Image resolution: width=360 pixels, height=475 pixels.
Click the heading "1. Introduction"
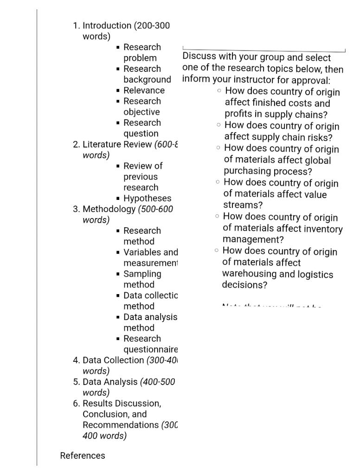(x=107, y=26)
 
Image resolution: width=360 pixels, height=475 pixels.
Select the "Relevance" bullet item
(x=144, y=90)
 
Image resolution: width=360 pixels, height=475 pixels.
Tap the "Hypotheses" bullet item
(x=147, y=199)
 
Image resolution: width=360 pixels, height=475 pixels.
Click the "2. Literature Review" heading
(x=118, y=144)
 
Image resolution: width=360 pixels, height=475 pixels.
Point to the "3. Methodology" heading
(x=109, y=209)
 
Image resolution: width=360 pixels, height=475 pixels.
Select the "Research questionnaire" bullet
(x=150, y=344)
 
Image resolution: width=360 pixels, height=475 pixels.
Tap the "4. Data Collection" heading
(x=114, y=360)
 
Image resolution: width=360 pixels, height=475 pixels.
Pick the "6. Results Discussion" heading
(x=122, y=404)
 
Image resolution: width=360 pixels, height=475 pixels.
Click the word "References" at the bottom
(x=83, y=456)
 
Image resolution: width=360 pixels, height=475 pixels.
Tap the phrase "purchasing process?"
(x=268, y=171)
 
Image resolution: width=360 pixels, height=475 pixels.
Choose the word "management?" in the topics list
(x=253, y=240)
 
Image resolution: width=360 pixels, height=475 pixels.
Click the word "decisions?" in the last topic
(x=244, y=285)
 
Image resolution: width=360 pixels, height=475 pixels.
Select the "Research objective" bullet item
(x=142, y=106)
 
